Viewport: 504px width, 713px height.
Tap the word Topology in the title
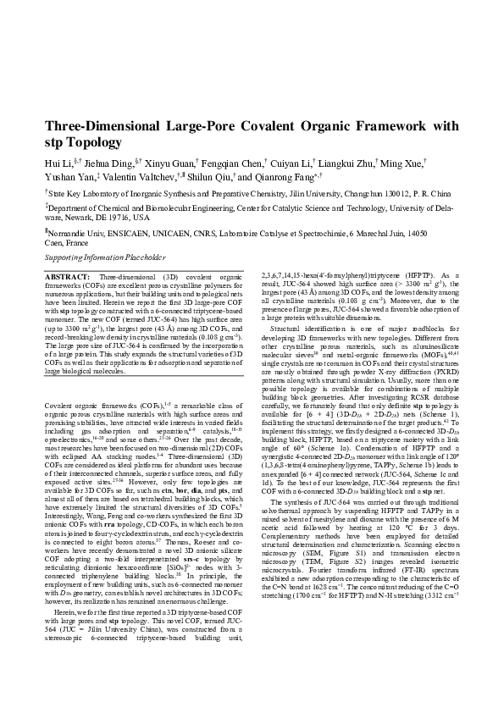[x=94, y=143]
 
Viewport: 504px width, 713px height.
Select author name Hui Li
[x=58, y=162]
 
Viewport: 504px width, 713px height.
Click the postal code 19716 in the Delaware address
[x=111, y=217]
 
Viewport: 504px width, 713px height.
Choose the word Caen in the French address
[x=54, y=241]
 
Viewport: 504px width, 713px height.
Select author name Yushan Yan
[x=69, y=178]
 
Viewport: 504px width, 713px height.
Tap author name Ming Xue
[x=402, y=162]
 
